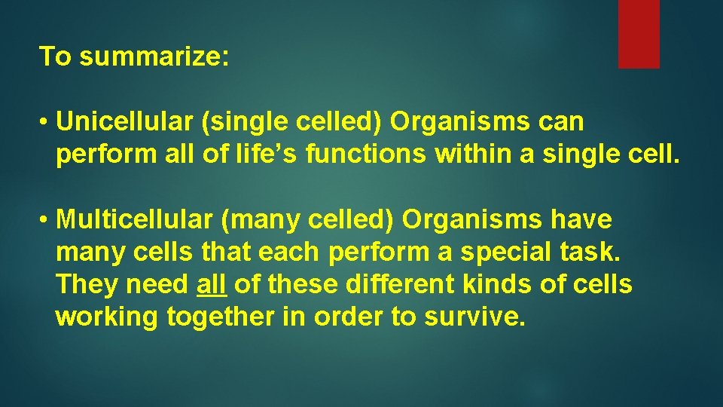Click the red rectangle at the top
point(639,34)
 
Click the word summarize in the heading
point(151,57)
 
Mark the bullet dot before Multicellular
point(45,221)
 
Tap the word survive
point(473,318)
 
